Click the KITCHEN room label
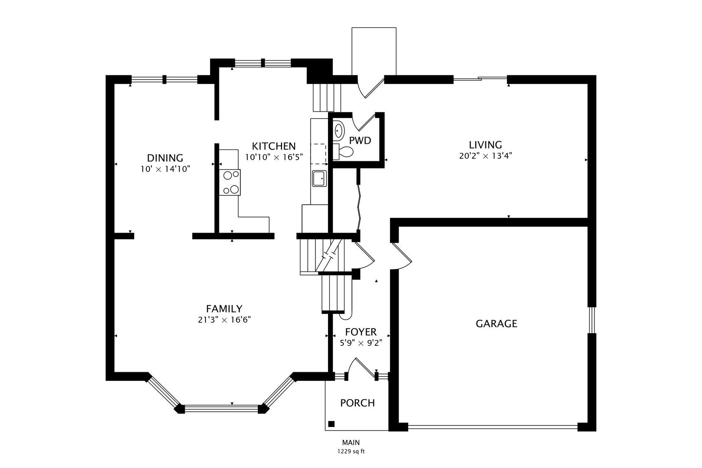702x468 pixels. (x=273, y=146)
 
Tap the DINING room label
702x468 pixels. (x=165, y=158)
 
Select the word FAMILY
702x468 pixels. (x=224, y=309)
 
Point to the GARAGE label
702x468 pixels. (x=496, y=324)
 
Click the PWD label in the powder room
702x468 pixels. (x=360, y=140)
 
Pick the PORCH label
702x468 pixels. (x=357, y=403)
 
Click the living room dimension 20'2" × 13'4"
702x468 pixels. (x=485, y=156)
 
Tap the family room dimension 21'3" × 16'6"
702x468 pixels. (x=224, y=320)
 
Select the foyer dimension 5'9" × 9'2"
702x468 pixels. (x=361, y=343)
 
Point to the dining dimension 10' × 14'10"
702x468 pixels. (x=165, y=169)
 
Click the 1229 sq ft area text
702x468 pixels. (x=351, y=452)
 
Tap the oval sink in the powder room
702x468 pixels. (x=339, y=130)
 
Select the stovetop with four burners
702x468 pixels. (x=230, y=182)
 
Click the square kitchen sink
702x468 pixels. (x=319, y=179)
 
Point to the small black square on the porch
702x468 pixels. (x=331, y=424)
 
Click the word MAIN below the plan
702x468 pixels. (x=351, y=442)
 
